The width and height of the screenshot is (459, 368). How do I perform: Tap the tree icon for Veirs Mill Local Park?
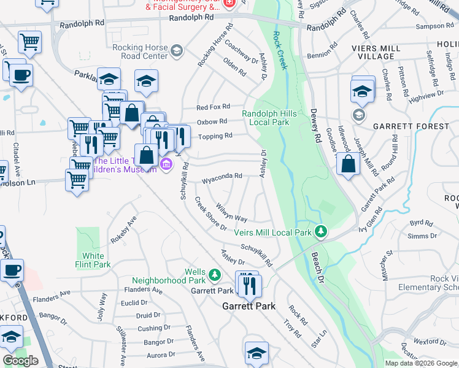click(320, 231)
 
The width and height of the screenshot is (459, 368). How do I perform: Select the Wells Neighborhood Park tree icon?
click(214, 273)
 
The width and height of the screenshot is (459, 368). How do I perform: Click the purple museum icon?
click(166, 164)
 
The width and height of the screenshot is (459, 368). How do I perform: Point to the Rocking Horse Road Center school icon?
click(177, 50)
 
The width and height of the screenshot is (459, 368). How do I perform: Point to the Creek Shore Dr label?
click(210, 213)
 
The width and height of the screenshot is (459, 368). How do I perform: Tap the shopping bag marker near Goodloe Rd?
click(349, 164)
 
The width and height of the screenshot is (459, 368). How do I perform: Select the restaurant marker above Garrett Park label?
click(250, 285)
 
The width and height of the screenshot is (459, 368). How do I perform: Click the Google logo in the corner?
click(20, 361)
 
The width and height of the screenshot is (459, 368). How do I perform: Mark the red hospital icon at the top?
click(229, 3)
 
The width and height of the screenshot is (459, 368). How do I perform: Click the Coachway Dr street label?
click(241, 52)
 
